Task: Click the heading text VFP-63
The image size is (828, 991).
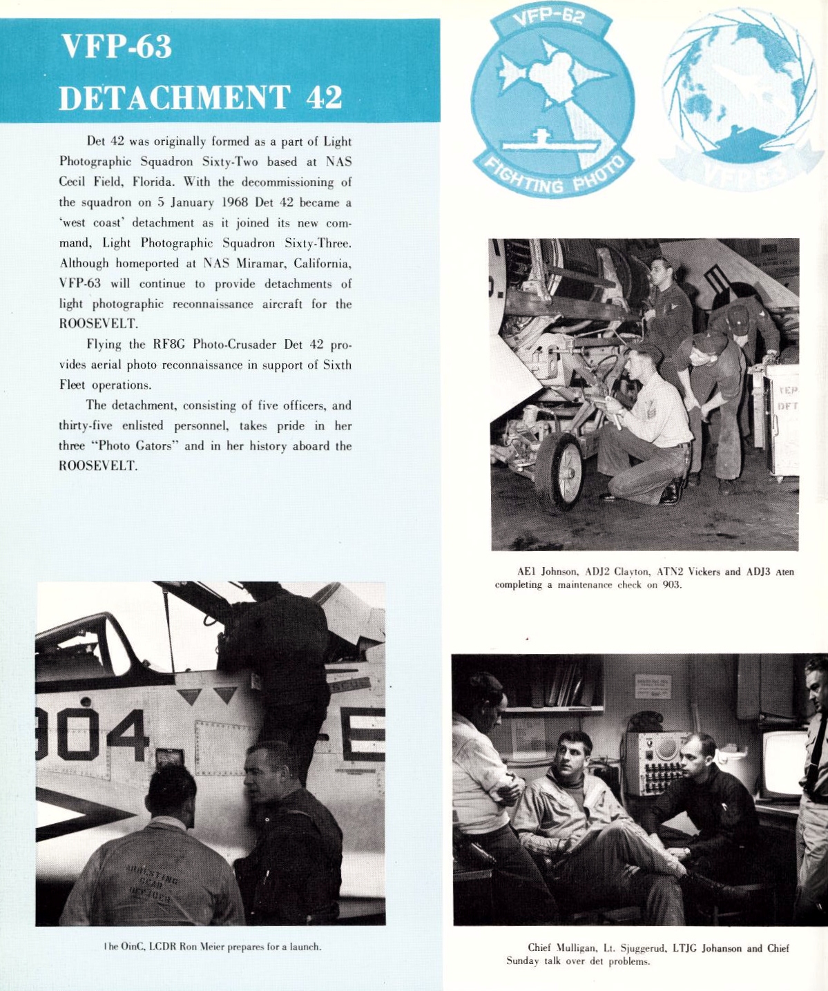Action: pyautogui.click(x=116, y=47)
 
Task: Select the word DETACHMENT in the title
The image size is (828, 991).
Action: pyautogui.click(x=175, y=97)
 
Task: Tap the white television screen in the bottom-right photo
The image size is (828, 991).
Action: pyautogui.click(x=784, y=764)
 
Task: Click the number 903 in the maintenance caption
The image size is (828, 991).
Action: pyautogui.click(x=672, y=584)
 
